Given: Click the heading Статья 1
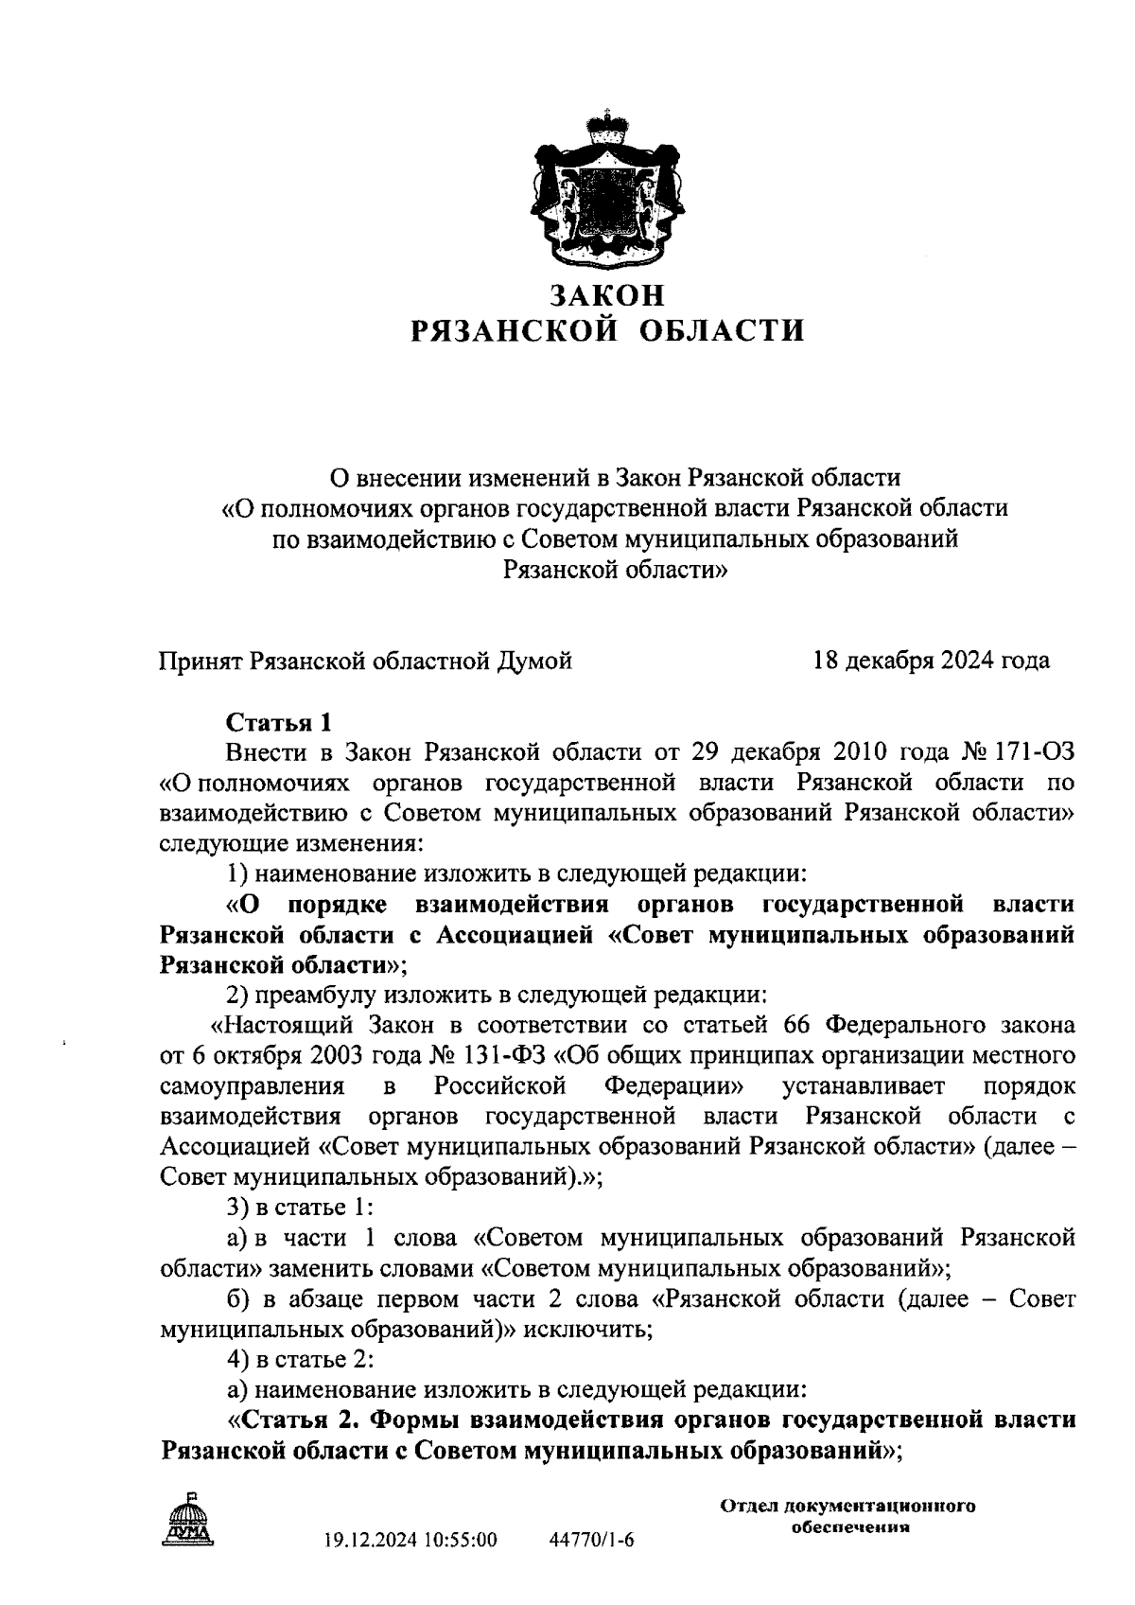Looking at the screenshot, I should coord(279,723).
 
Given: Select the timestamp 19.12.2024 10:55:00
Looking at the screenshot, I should coord(410,1541).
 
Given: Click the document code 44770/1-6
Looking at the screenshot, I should coord(592,1541).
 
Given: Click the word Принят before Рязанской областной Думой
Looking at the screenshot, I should coord(201,661).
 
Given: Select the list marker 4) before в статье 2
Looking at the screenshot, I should coord(239,1360).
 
